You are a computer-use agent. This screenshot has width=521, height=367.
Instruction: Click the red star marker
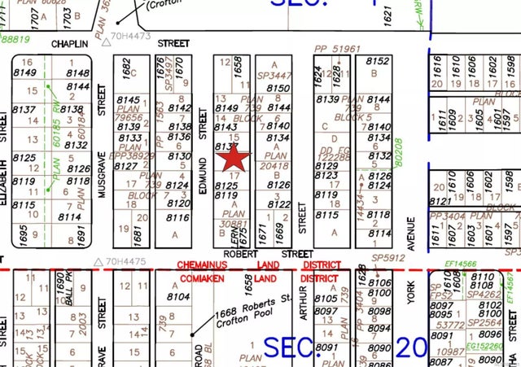234,157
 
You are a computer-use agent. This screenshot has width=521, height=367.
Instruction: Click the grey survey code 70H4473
134,35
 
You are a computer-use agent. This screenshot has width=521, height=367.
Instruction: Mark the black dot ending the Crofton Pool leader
192,334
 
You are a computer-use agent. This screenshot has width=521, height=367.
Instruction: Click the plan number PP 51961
337,49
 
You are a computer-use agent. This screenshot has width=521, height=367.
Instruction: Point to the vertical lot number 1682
125,72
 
